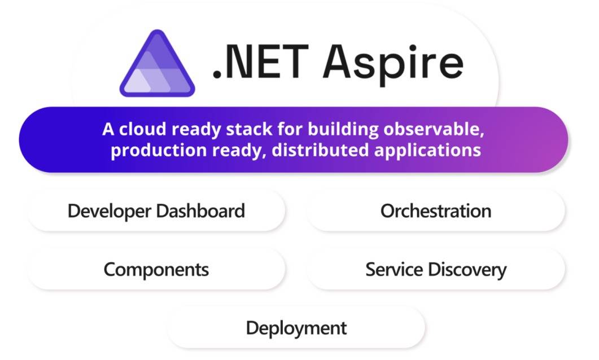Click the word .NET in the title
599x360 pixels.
click(260, 62)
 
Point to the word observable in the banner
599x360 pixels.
click(434, 129)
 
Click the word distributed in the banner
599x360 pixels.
click(320, 150)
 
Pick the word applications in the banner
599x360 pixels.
click(427, 151)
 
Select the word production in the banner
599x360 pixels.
click(159, 151)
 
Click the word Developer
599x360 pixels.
click(110, 211)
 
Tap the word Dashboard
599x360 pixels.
click(200, 210)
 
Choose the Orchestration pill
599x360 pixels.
click(436, 210)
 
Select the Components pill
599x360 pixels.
click(156, 270)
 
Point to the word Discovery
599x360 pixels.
click(467, 270)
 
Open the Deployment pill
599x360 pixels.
click(296, 328)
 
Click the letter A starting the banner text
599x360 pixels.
click(108, 129)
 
